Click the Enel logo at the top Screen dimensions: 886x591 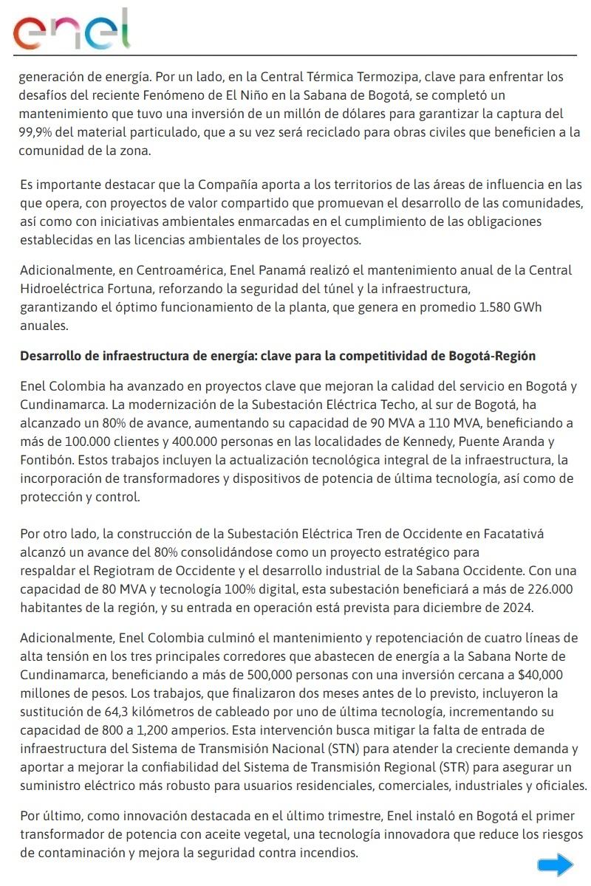(72, 30)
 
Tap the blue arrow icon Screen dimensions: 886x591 (555, 865)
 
